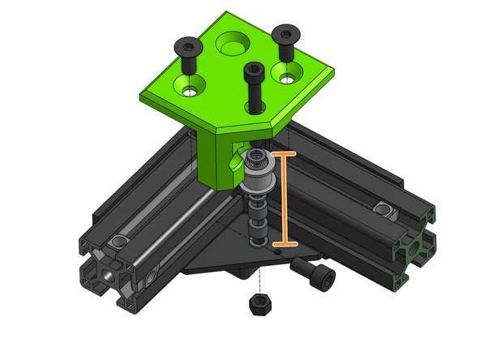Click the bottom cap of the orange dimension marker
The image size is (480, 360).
click(x=284, y=242)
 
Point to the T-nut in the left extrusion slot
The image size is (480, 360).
click(x=121, y=242)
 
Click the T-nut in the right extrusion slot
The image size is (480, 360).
click(x=384, y=211)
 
